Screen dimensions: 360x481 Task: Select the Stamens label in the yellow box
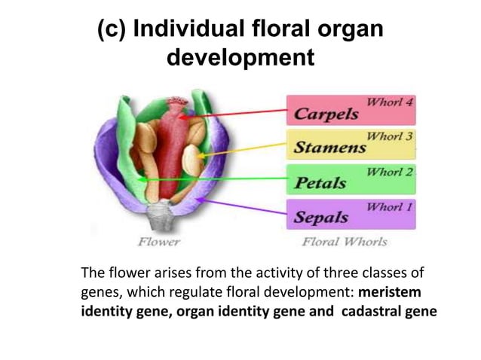click(x=329, y=147)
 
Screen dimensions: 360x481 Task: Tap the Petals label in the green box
click(x=320, y=182)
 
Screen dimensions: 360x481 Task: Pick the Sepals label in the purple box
click(x=320, y=217)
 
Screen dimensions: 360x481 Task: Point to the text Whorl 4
click(x=389, y=101)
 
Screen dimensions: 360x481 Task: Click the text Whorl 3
click(x=389, y=136)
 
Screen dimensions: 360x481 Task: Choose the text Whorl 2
click(x=389, y=172)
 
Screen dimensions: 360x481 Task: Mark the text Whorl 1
click(x=389, y=206)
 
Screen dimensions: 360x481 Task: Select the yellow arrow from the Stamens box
click(x=241, y=151)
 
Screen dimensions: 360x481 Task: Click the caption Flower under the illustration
click(x=158, y=242)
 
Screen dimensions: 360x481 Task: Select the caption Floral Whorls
click(x=344, y=242)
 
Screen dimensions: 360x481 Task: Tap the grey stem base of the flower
click(x=161, y=215)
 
